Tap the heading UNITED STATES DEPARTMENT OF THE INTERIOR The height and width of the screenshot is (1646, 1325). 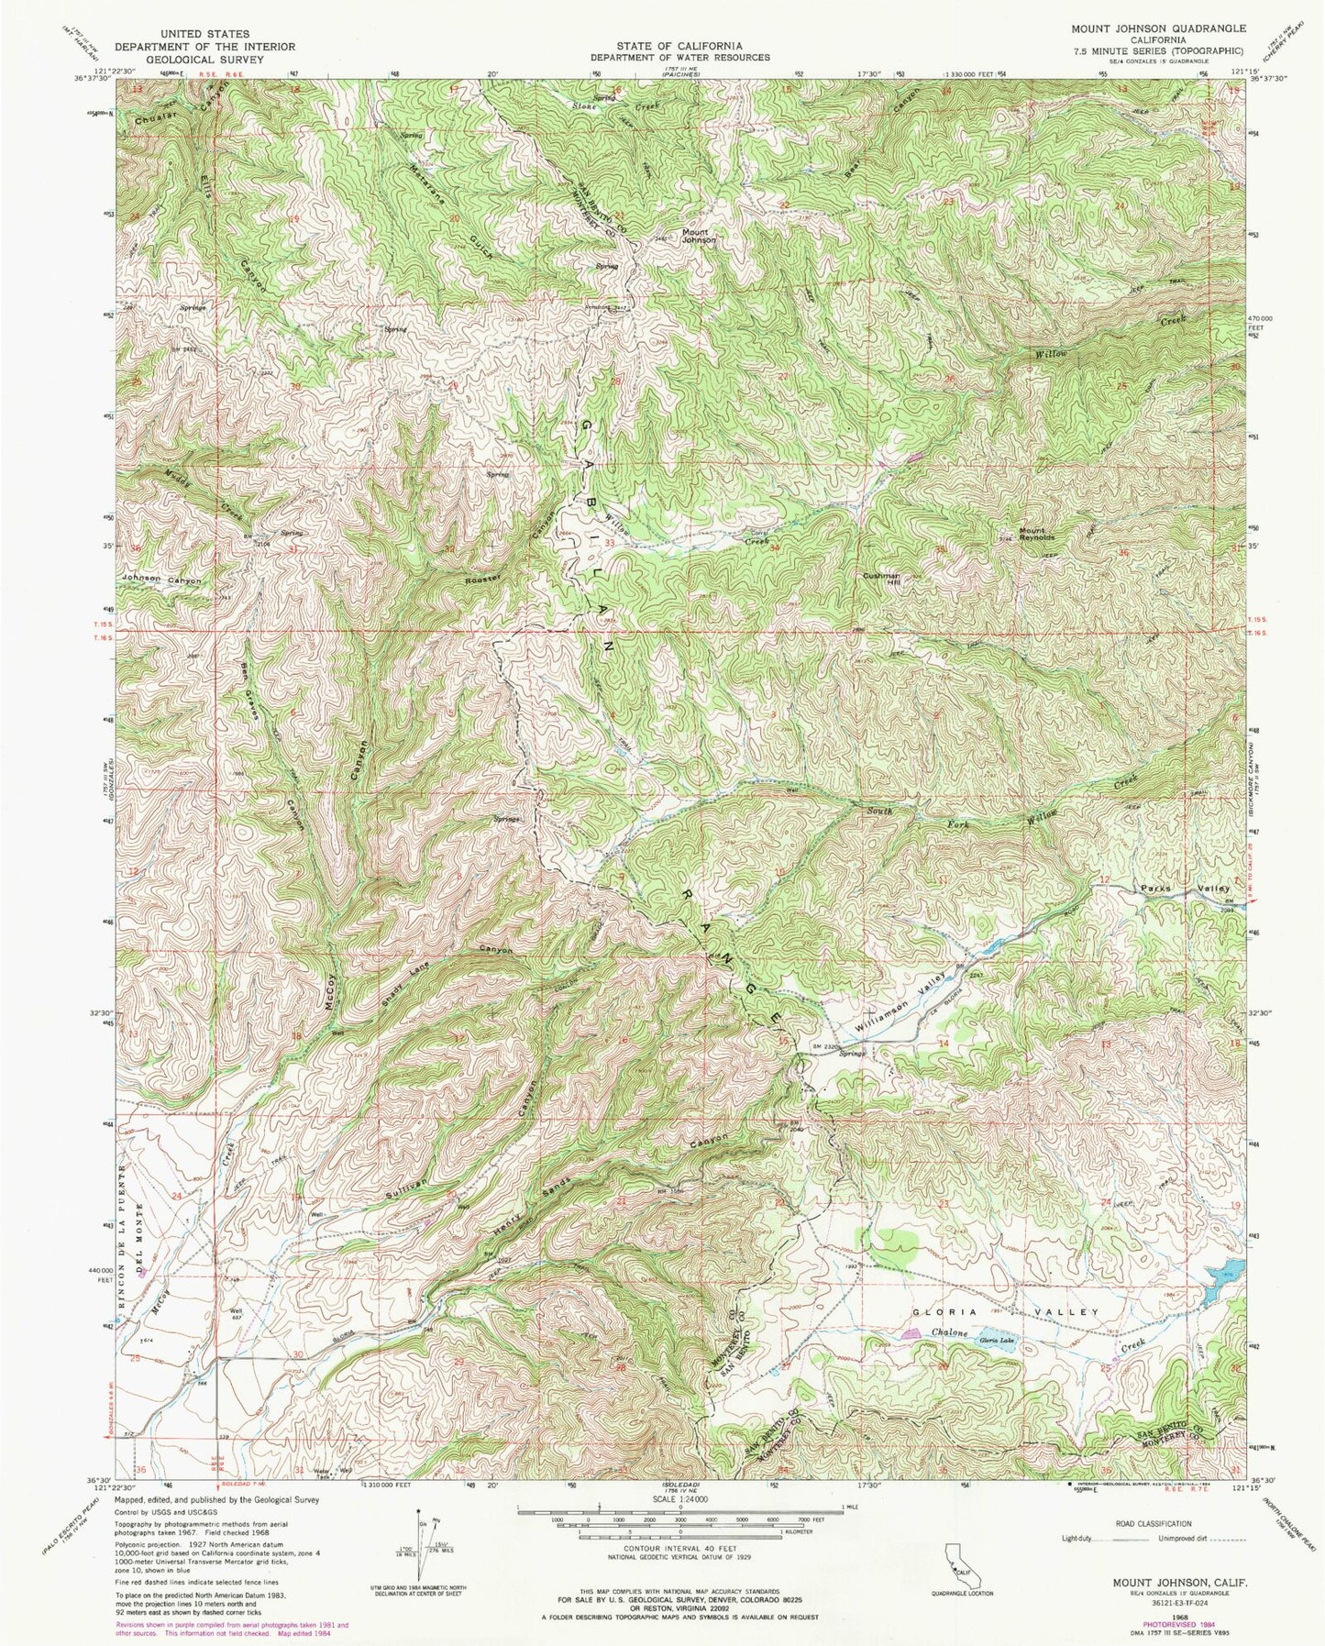204,40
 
